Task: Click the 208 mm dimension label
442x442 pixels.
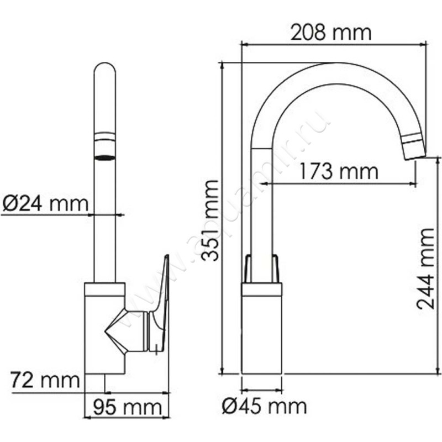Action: (x=331, y=33)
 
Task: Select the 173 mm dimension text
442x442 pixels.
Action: (x=339, y=172)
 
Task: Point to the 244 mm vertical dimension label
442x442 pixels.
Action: (x=425, y=269)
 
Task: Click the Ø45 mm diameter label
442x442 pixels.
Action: (x=264, y=407)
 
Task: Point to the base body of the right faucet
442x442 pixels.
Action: (x=262, y=331)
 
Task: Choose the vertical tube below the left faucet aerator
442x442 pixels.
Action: (x=104, y=221)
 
